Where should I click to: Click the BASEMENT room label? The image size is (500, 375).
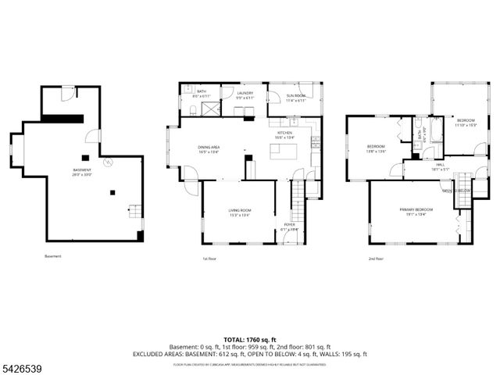[x=83, y=172]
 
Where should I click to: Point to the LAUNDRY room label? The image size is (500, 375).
[x=245, y=95]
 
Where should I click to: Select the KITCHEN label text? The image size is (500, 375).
[x=284, y=135]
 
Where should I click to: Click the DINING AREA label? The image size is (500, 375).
[x=207, y=148]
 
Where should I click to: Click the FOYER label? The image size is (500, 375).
[x=289, y=226]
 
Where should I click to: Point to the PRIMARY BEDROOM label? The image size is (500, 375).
[x=416, y=212]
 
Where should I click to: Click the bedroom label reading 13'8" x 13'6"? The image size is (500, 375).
[x=377, y=148]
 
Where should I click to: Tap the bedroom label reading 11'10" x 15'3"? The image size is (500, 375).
[x=466, y=122]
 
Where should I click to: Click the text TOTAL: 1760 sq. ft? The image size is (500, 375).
[x=250, y=340]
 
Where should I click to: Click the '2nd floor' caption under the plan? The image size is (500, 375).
[x=376, y=259]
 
